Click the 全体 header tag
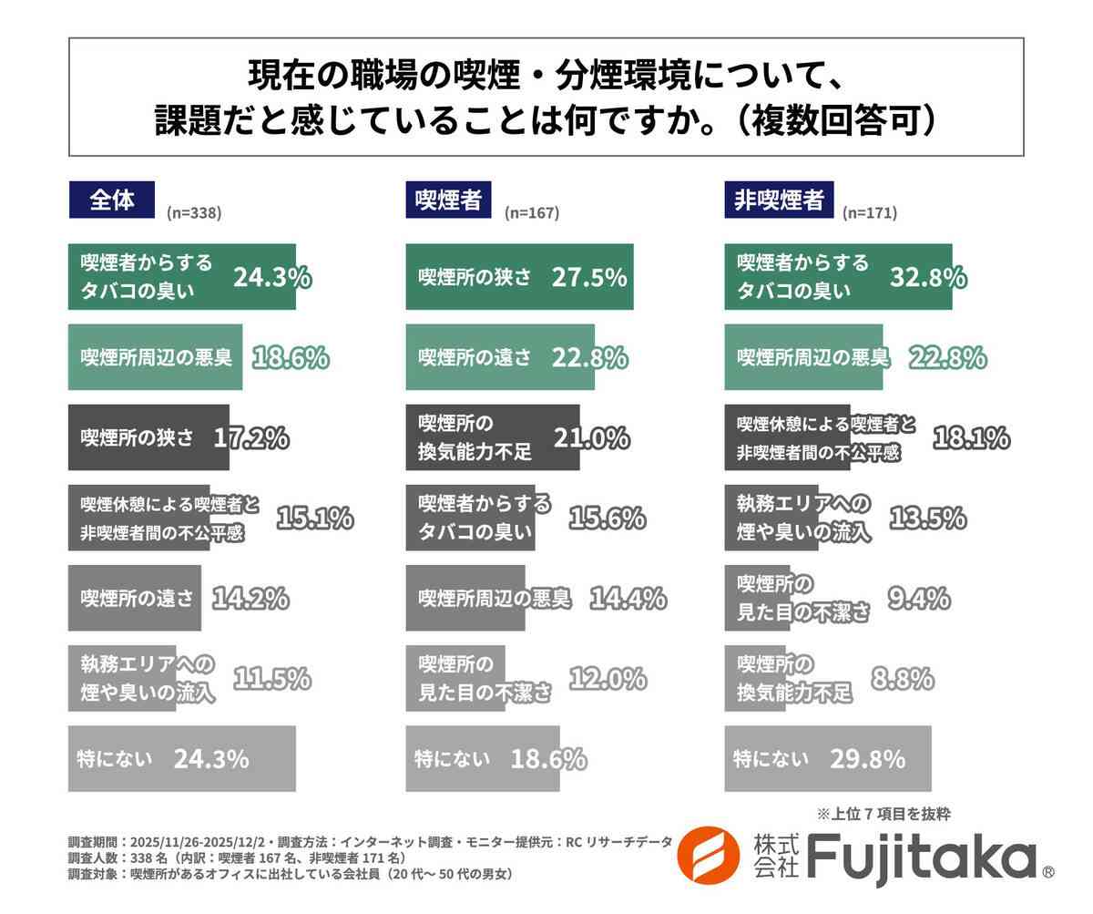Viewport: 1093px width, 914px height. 111,200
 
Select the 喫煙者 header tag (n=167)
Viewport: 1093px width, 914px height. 448,200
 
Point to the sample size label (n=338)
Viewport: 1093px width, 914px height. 194,212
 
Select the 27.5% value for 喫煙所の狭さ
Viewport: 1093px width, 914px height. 589,277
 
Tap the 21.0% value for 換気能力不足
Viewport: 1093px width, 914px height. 590,437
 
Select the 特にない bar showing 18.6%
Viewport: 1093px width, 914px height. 482,758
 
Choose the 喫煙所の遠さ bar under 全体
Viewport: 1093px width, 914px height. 135,598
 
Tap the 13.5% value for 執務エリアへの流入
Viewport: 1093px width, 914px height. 926,518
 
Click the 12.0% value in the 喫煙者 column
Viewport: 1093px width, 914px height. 608,678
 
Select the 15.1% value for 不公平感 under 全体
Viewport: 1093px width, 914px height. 314,518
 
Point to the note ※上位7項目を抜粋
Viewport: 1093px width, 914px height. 884,814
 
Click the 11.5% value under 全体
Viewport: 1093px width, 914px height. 272,678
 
